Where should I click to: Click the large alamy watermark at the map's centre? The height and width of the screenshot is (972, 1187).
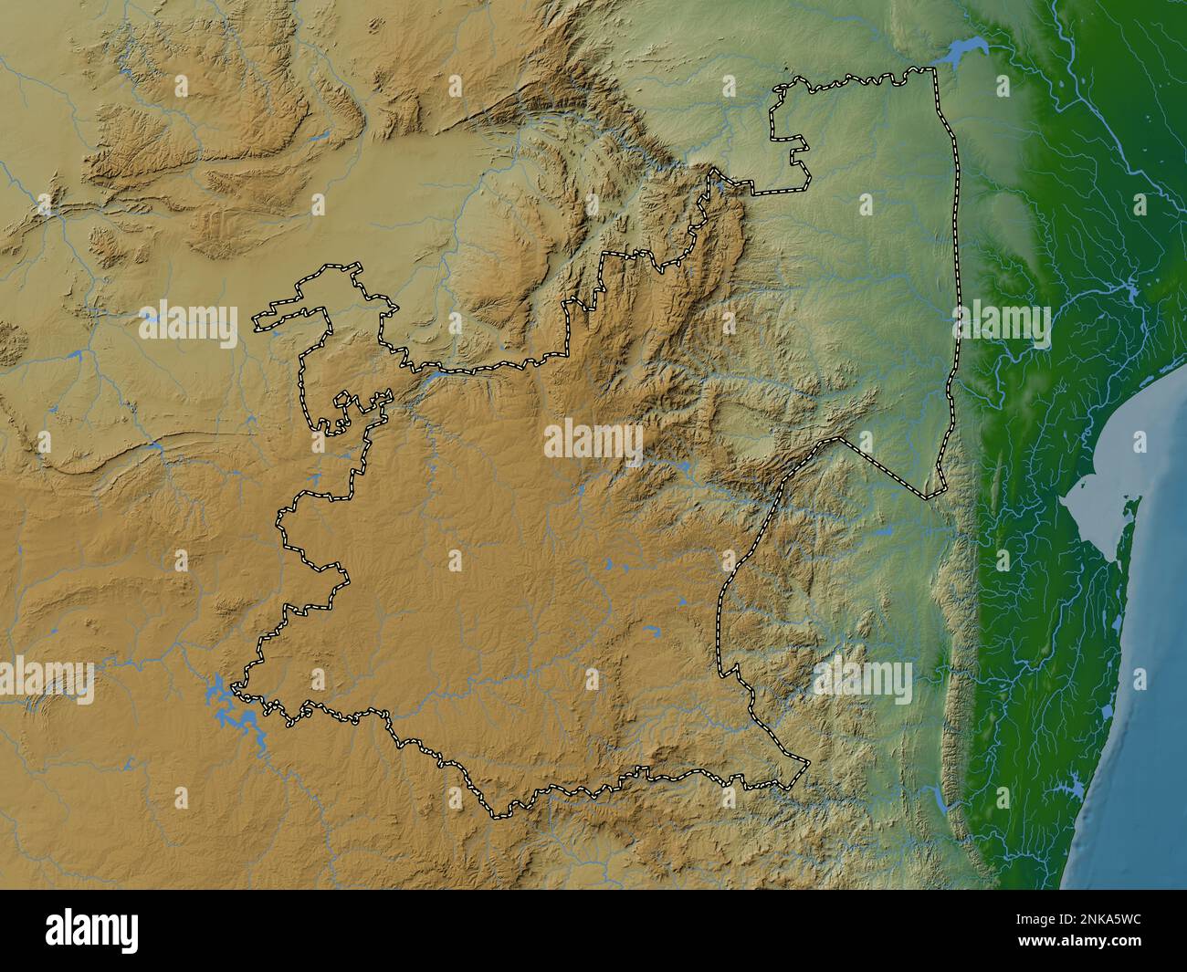[x=593, y=442]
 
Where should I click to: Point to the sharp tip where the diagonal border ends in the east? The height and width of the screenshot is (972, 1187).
[x=928, y=497]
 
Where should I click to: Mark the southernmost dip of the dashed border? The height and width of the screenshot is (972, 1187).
[x=498, y=811]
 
